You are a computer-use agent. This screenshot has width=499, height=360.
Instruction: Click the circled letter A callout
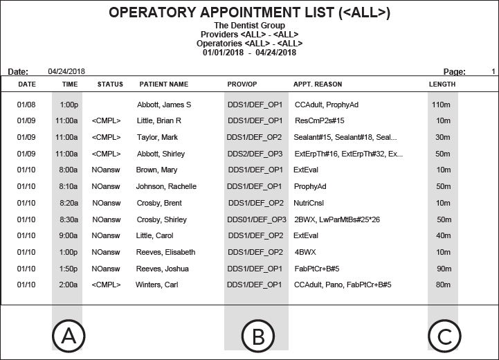pyautogui.click(x=67, y=336)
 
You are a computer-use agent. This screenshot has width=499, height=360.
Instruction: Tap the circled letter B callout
pyautogui.click(x=256, y=336)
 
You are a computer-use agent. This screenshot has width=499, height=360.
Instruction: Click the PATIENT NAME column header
pyautogui.click(x=163, y=84)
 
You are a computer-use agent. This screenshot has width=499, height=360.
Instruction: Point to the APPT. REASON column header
pyautogui.click(x=318, y=84)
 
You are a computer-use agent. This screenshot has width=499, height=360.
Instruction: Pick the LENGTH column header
pyautogui.click(x=442, y=84)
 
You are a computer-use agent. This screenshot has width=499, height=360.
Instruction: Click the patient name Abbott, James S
pyautogui.click(x=164, y=105)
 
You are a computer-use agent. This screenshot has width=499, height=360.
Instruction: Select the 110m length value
pyautogui.click(x=441, y=105)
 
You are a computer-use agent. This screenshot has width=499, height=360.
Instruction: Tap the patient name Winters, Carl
pyautogui.click(x=157, y=285)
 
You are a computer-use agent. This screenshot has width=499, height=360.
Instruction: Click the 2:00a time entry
pyautogui.click(x=69, y=285)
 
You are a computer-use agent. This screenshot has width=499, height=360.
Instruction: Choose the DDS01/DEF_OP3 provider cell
pyautogui.click(x=257, y=219)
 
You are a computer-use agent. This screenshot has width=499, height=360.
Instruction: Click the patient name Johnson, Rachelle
pyautogui.click(x=166, y=186)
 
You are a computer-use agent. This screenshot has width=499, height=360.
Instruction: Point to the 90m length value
pyautogui.click(x=442, y=269)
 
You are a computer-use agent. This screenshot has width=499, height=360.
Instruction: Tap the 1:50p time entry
pyautogui.click(x=69, y=269)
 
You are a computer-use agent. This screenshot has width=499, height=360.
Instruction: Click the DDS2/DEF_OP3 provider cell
pyautogui.click(x=255, y=154)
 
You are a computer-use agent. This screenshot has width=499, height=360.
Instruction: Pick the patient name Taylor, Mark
pyautogui.click(x=157, y=137)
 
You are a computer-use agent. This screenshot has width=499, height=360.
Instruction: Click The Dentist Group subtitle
pyautogui.click(x=249, y=26)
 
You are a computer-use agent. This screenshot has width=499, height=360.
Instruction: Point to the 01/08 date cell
pyautogui.click(x=26, y=105)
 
